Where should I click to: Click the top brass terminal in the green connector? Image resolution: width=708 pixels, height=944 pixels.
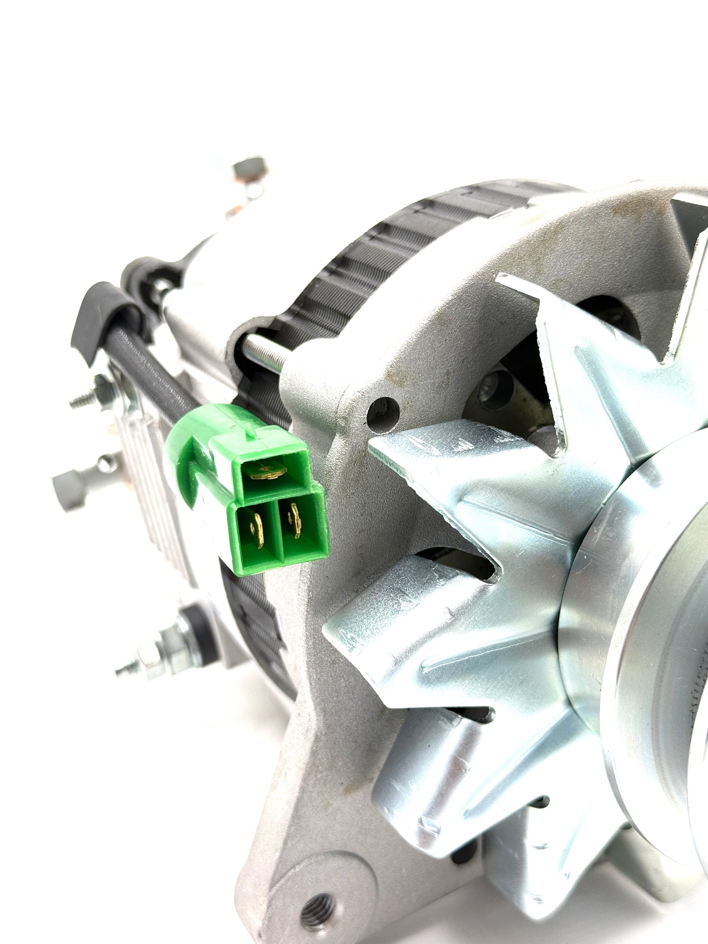[x=268, y=472]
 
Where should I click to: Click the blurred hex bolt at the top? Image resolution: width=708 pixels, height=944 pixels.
[x=247, y=169]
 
